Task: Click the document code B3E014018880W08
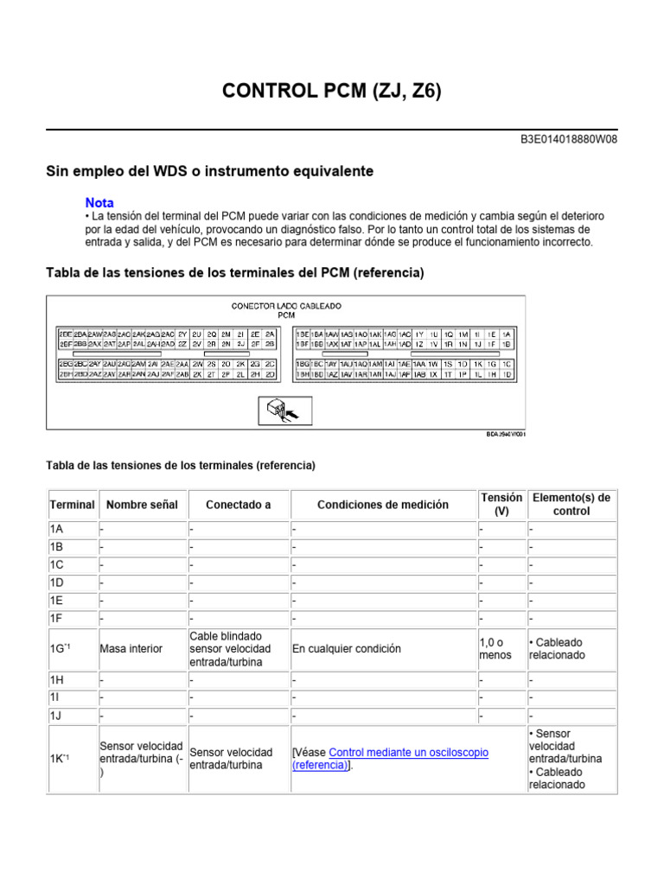click(x=569, y=138)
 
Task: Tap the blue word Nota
click(x=99, y=202)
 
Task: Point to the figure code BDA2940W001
click(x=505, y=436)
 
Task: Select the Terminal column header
click(x=72, y=505)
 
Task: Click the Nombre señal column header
click(x=142, y=505)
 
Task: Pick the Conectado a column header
click(x=238, y=505)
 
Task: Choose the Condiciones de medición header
click(x=383, y=505)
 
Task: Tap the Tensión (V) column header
click(x=501, y=505)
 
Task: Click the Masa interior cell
click(x=131, y=649)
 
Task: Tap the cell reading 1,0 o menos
click(x=495, y=649)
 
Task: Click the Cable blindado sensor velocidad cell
click(x=230, y=649)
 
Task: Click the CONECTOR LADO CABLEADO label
click(x=286, y=306)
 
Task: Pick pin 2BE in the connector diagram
click(x=65, y=334)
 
